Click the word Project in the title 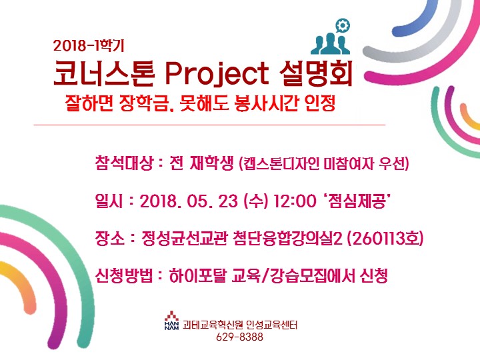click(217, 74)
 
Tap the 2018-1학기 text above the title click(89, 46)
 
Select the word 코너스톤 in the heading click(104, 73)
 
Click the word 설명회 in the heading click(316, 73)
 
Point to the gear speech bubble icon click(342, 25)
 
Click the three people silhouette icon click(330, 44)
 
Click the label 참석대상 click(124, 163)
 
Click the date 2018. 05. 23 click(189, 201)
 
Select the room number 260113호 click(385, 238)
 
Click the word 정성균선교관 click(184, 238)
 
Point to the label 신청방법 click(124, 275)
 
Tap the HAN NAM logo click(172, 320)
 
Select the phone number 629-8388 click(240, 337)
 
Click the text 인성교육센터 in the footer click(271, 324)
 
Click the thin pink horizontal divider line click(209, 125)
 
